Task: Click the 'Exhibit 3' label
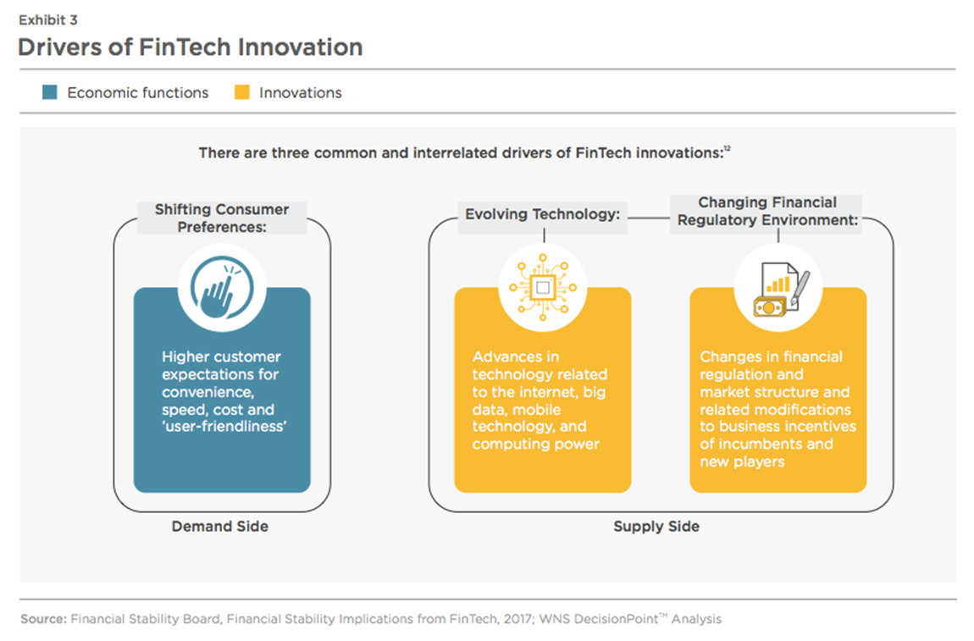(47, 19)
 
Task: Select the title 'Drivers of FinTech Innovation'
(190, 47)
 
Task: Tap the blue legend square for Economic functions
(50, 92)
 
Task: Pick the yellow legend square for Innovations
(242, 92)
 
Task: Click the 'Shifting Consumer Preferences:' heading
(222, 218)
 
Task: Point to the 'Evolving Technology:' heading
(542, 214)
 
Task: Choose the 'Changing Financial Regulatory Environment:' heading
(767, 211)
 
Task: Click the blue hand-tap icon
(222, 288)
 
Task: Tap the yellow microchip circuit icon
(542, 288)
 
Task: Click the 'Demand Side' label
(220, 526)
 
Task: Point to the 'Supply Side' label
(656, 526)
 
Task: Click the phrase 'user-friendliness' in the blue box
(224, 427)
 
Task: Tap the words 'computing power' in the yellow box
(535, 444)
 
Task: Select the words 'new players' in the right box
(742, 461)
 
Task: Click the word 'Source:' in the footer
(43, 619)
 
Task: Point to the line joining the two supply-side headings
(649, 218)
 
